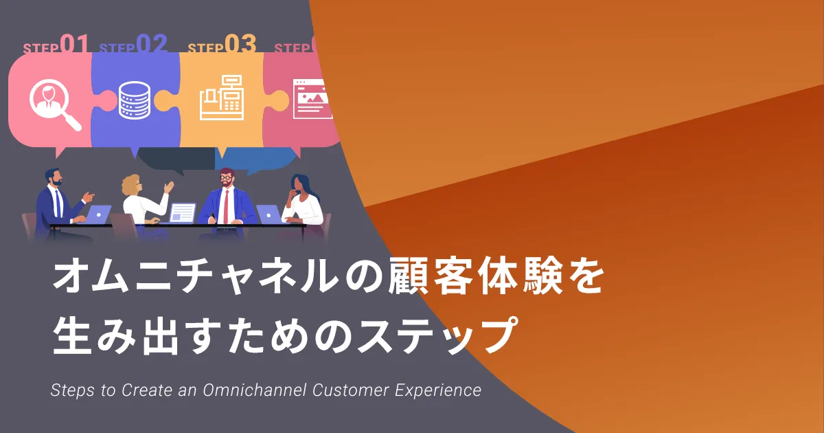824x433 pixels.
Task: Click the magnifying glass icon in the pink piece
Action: [x=55, y=104]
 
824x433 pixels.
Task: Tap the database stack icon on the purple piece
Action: [x=135, y=100]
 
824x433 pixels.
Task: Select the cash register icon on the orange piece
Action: [x=222, y=98]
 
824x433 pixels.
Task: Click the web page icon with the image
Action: [x=312, y=99]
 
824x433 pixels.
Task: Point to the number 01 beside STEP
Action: [x=74, y=44]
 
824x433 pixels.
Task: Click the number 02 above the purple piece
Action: [x=152, y=44]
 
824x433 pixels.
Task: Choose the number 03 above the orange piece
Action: [x=240, y=44]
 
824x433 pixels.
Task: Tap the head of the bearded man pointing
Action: [x=54, y=177]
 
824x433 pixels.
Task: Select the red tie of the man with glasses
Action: [x=226, y=206]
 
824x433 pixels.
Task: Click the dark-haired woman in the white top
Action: [x=301, y=199]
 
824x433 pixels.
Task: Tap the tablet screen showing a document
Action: [x=183, y=213]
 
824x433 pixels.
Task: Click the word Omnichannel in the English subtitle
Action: [x=255, y=390]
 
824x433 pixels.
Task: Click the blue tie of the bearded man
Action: [x=58, y=203]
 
